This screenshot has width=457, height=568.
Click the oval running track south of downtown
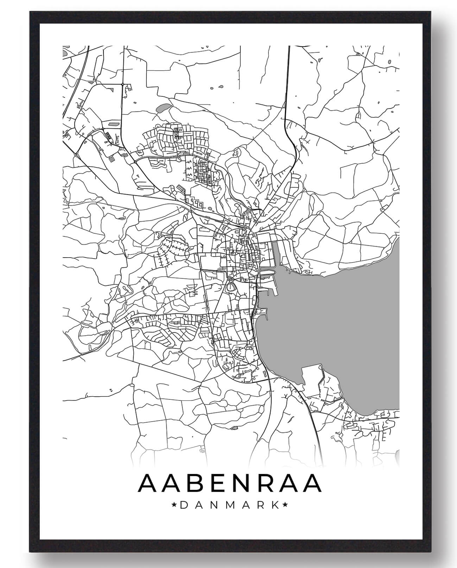click(231, 287)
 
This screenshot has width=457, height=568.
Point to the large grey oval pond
click(163, 108)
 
